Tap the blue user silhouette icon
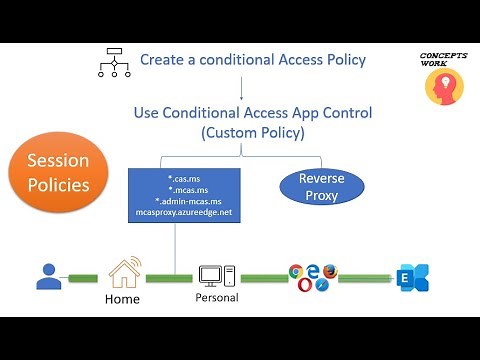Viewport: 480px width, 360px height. coord(48,275)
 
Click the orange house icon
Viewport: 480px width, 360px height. coord(124,271)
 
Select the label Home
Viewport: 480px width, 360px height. coord(123,298)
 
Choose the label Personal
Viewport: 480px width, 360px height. coord(216,298)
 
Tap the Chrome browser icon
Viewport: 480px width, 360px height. coord(296,271)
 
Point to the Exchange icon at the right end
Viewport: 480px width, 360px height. coord(407,276)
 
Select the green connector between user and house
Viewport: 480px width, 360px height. coord(84,277)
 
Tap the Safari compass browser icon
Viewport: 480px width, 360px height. coord(322,285)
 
